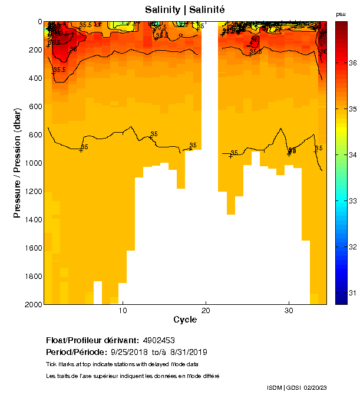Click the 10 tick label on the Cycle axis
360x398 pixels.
[123, 311]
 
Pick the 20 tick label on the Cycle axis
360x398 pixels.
[206, 311]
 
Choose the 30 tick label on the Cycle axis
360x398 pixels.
[289, 311]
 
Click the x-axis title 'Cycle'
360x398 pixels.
[185, 320]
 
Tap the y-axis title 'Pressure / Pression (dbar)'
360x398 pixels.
[18, 163]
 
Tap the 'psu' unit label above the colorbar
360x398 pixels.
[341, 14]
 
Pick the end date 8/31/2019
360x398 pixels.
[188, 352]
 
